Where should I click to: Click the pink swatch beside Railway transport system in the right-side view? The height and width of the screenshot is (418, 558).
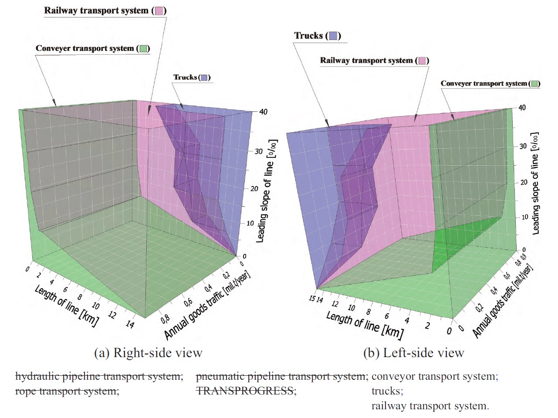tap(159, 11)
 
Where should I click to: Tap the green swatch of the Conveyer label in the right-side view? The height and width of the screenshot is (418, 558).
tap(143, 49)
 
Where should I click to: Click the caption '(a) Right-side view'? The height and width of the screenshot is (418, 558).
tap(148, 353)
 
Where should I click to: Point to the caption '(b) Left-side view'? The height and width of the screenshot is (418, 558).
tap(413, 353)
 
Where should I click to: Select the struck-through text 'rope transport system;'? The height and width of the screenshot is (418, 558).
tap(67, 391)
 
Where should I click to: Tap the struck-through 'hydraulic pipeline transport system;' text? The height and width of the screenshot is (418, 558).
tap(99, 376)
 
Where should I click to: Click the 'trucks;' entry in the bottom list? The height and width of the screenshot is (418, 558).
tap(387, 391)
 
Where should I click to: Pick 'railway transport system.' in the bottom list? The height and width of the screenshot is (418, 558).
tap(430, 406)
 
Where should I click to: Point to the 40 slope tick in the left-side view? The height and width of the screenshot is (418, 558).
tap(522, 107)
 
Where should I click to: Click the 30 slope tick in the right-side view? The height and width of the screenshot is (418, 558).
tap(259, 151)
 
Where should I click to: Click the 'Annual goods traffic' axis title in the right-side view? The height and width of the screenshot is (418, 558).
tap(207, 304)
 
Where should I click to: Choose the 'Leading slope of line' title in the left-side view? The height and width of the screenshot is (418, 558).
tap(535, 183)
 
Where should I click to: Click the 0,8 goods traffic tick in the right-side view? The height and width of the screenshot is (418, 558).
tap(166, 319)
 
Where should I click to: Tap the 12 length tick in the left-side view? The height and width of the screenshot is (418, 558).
tap(335, 304)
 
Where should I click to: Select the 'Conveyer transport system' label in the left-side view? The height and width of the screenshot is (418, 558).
tap(484, 84)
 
